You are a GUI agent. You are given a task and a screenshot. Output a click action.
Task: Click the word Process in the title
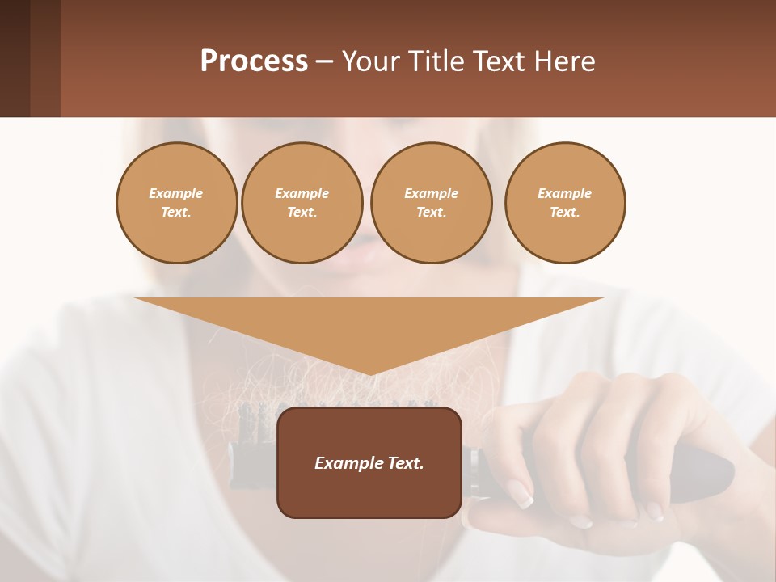[x=254, y=61]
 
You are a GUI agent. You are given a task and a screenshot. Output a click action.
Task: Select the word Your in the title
[x=369, y=61]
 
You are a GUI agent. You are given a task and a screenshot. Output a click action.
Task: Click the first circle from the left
[x=176, y=203]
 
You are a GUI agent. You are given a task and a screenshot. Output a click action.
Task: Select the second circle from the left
[x=302, y=203]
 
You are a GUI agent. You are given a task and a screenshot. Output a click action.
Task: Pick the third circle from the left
[x=431, y=203]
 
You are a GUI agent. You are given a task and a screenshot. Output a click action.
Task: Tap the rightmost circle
[x=564, y=203]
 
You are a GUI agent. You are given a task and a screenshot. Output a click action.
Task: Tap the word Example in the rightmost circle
[x=564, y=193]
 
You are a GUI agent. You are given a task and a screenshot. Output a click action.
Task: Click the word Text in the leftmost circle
[x=175, y=213]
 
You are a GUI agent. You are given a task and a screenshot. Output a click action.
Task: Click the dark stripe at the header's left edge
[x=15, y=58]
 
